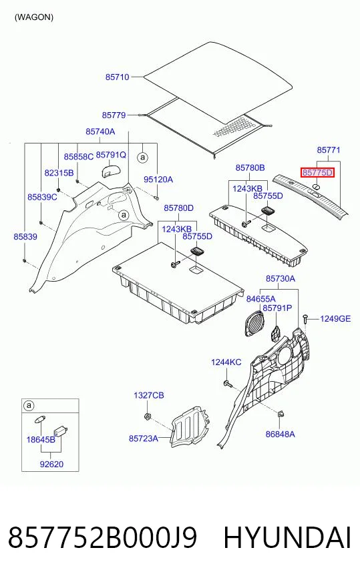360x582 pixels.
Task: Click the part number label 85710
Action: (x=117, y=77)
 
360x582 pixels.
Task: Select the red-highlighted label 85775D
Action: (x=317, y=173)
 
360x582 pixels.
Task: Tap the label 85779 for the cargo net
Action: (x=114, y=115)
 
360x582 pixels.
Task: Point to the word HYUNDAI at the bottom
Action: (x=287, y=537)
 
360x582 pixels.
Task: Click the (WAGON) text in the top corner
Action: (x=34, y=17)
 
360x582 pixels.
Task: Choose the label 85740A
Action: (x=100, y=131)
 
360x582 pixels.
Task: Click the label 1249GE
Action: (x=335, y=318)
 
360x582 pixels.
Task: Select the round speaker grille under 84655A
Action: (x=254, y=323)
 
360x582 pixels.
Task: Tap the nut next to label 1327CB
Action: (x=147, y=416)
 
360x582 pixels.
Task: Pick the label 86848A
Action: (x=280, y=434)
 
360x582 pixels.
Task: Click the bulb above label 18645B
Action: (x=39, y=420)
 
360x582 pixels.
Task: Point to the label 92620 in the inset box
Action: (x=51, y=464)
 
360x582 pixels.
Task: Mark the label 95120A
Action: (x=158, y=180)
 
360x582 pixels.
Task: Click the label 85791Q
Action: (x=111, y=154)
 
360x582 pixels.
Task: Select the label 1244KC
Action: (x=226, y=362)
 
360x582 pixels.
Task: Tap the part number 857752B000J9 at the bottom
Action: (x=103, y=537)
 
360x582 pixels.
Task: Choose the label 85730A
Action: (x=281, y=278)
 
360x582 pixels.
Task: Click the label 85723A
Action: (x=144, y=439)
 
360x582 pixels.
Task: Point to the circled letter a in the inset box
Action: (x=29, y=405)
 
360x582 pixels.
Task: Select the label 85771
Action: (x=329, y=150)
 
